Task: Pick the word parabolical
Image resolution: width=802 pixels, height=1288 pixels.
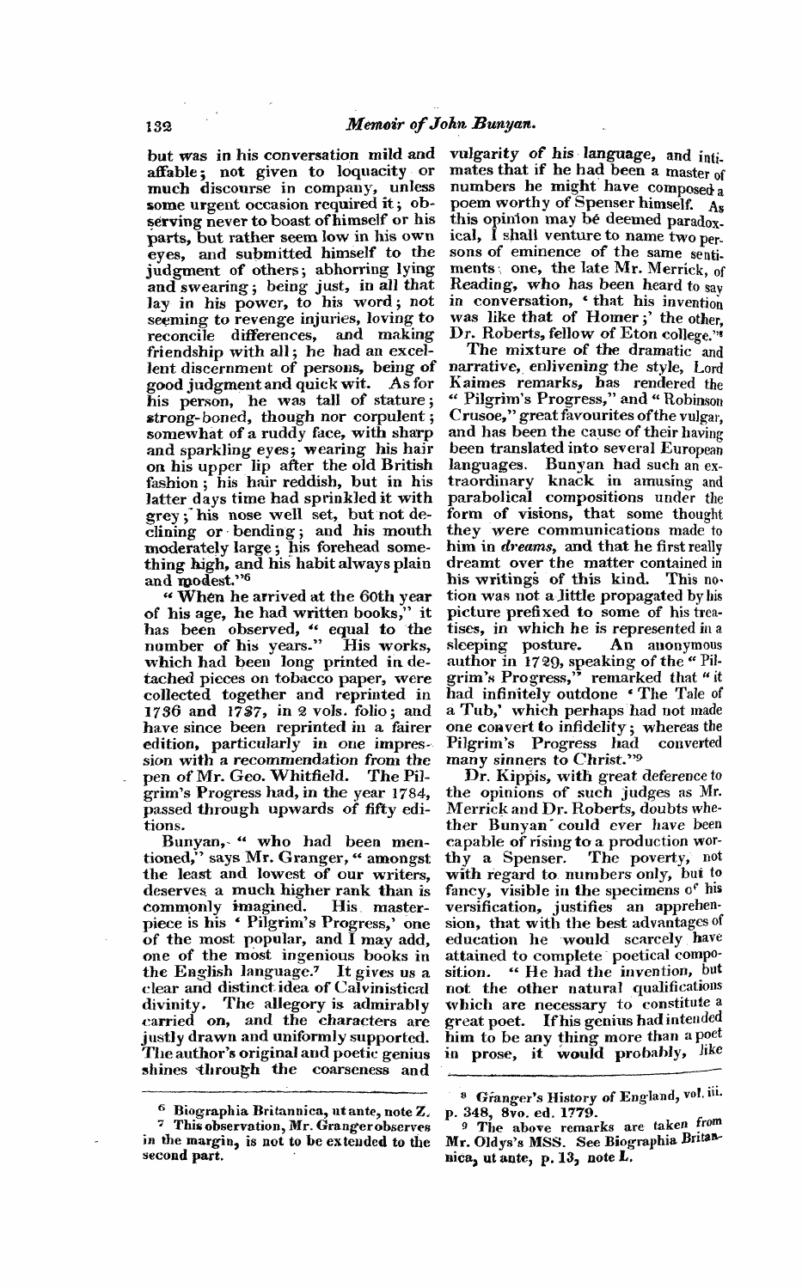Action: [x=493, y=498]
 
